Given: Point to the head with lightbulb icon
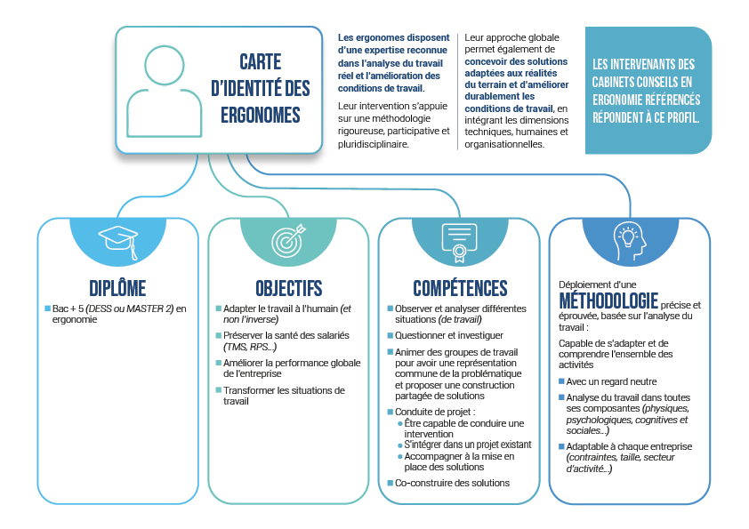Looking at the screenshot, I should [x=629, y=237].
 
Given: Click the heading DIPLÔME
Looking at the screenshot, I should [x=117, y=288].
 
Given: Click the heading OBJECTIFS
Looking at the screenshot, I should [x=288, y=288].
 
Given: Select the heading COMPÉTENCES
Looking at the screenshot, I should [x=460, y=288].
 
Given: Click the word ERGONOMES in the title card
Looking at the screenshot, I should [x=260, y=116].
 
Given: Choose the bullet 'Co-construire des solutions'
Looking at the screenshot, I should [x=452, y=483].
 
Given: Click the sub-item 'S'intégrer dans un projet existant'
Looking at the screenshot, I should [x=467, y=444].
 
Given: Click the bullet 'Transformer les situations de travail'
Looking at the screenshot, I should [x=270, y=396].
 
